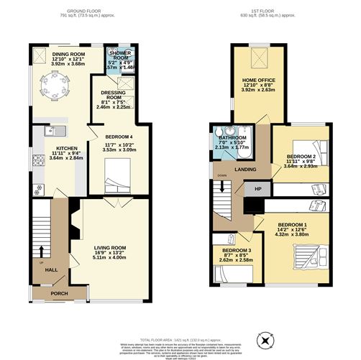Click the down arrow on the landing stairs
(223, 186)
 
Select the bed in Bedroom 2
(321, 153)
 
